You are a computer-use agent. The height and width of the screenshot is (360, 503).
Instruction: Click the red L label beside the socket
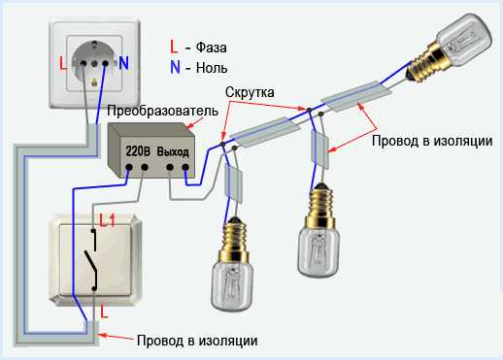click(63, 63)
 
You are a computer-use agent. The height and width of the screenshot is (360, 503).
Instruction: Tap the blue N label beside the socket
click(123, 63)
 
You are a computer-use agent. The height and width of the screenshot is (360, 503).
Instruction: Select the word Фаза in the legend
click(212, 48)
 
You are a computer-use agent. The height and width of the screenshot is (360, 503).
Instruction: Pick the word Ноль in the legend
click(212, 68)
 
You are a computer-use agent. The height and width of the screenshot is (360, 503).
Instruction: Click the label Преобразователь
click(162, 111)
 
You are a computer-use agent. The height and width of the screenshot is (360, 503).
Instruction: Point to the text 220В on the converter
click(138, 151)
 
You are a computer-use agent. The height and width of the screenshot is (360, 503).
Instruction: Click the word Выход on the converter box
click(173, 151)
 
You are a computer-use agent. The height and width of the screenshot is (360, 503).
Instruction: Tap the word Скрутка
click(250, 92)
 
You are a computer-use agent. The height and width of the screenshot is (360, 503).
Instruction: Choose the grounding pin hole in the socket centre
click(94, 63)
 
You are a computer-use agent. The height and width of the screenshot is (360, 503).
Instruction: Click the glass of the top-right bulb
click(464, 37)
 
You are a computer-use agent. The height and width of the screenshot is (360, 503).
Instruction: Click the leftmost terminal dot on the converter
click(129, 167)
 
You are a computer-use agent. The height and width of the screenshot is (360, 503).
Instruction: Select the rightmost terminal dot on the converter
click(185, 167)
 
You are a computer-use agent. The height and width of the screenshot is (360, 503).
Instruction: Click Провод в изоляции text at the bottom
click(197, 341)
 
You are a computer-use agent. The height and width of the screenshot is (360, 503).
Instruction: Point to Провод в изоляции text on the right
click(432, 141)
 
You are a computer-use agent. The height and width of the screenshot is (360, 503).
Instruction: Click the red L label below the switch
click(104, 311)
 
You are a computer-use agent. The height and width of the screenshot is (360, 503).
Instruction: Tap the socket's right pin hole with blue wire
click(105, 63)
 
